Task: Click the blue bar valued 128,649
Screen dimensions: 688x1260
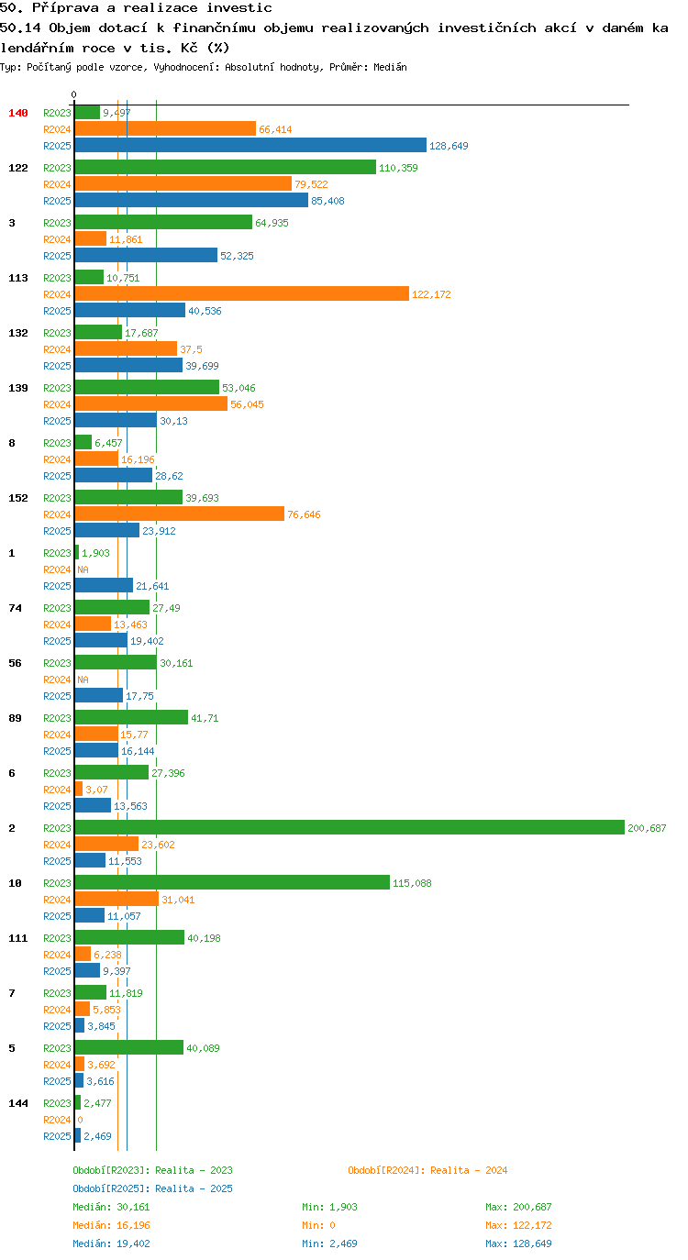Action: coord(250,145)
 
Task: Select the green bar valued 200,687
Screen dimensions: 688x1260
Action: coord(350,827)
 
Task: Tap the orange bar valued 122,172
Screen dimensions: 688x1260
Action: coord(242,293)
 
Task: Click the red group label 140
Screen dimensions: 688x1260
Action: coord(18,113)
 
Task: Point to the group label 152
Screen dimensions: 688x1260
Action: coord(18,498)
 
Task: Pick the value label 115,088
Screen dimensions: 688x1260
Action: coord(412,883)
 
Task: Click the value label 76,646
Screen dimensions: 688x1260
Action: coord(304,514)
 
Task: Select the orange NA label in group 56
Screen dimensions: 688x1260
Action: coord(83,680)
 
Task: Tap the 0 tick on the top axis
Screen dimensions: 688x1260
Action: coord(73,94)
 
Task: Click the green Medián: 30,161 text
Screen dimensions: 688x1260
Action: coord(111,1207)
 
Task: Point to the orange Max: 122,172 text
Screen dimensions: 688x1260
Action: coord(518,1225)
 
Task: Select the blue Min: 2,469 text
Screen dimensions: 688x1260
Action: coord(329,1243)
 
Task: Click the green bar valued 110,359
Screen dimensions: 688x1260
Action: coord(225,167)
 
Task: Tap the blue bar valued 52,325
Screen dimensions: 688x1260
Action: coord(146,255)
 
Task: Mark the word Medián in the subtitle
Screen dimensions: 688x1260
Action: coord(390,67)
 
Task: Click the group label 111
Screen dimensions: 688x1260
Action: coord(18,938)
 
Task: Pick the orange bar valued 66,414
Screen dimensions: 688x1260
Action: coord(165,128)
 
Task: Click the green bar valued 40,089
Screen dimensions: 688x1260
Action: coord(128,1047)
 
